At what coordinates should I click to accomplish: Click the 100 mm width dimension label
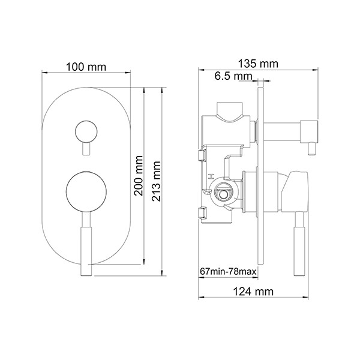tap(86, 67)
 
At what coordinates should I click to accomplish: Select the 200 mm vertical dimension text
tap(139, 176)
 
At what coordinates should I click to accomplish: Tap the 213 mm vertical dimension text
tap(156, 181)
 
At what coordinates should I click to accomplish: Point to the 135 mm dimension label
tap(258, 64)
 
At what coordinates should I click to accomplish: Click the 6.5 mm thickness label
tap(233, 76)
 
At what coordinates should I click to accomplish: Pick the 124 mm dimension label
tap(253, 292)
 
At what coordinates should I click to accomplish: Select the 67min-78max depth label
tap(228, 272)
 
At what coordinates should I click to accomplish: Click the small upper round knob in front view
tap(86, 132)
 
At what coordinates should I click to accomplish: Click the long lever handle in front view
tap(86, 244)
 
